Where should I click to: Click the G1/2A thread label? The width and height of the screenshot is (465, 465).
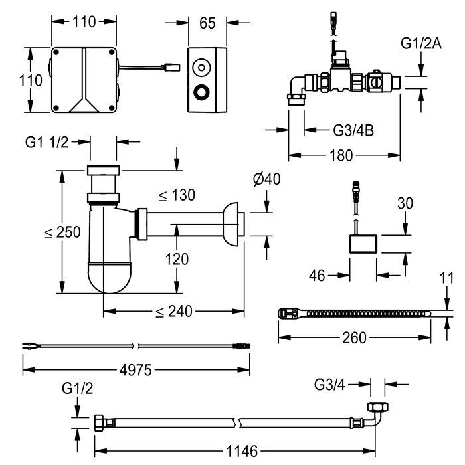point(420,44)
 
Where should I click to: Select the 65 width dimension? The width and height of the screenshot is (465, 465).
point(207,23)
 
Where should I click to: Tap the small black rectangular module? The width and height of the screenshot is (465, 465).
point(362,244)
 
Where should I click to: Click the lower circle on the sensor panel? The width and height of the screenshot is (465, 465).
point(200,91)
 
